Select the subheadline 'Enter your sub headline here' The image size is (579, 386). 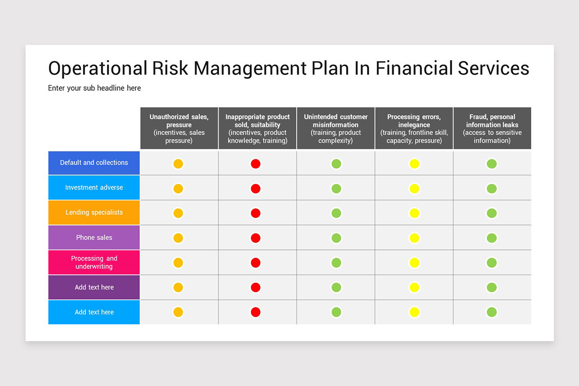(95, 88)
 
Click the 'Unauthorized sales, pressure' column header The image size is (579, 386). (179, 128)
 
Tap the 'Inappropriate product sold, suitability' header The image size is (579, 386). (258, 128)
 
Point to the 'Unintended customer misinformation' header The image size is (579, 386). (336, 128)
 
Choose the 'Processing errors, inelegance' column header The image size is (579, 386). (414, 128)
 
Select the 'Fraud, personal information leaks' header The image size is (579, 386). (492, 128)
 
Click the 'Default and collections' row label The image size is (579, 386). (94, 163)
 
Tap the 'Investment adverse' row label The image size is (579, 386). (94, 188)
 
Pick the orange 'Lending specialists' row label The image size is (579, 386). (94, 212)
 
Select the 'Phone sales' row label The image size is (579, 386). (94, 237)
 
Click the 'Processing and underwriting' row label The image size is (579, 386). (94, 262)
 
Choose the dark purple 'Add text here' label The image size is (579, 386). (94, 287)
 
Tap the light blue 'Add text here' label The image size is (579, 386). (94, 312)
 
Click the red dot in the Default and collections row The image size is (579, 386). (256, 164)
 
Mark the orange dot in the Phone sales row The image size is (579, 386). (178, 238)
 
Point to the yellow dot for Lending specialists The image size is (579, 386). (414, 213)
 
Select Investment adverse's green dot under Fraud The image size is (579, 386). (492, 188)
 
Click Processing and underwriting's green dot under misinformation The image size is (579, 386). (336, 262)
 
